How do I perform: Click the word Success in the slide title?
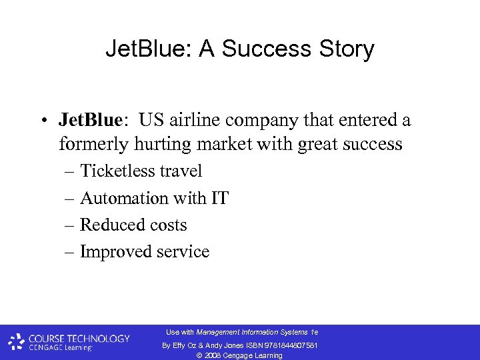point(268,49)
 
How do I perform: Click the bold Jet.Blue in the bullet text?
point(90,120)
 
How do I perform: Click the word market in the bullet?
point(238,144)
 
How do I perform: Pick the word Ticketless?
point(117,171)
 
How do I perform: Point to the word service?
point(183,252)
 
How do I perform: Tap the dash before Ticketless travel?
point(70,172)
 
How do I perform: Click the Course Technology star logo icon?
point(17,342)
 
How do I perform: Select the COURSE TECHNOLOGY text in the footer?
point(79,338)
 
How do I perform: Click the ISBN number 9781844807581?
point(289,345)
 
